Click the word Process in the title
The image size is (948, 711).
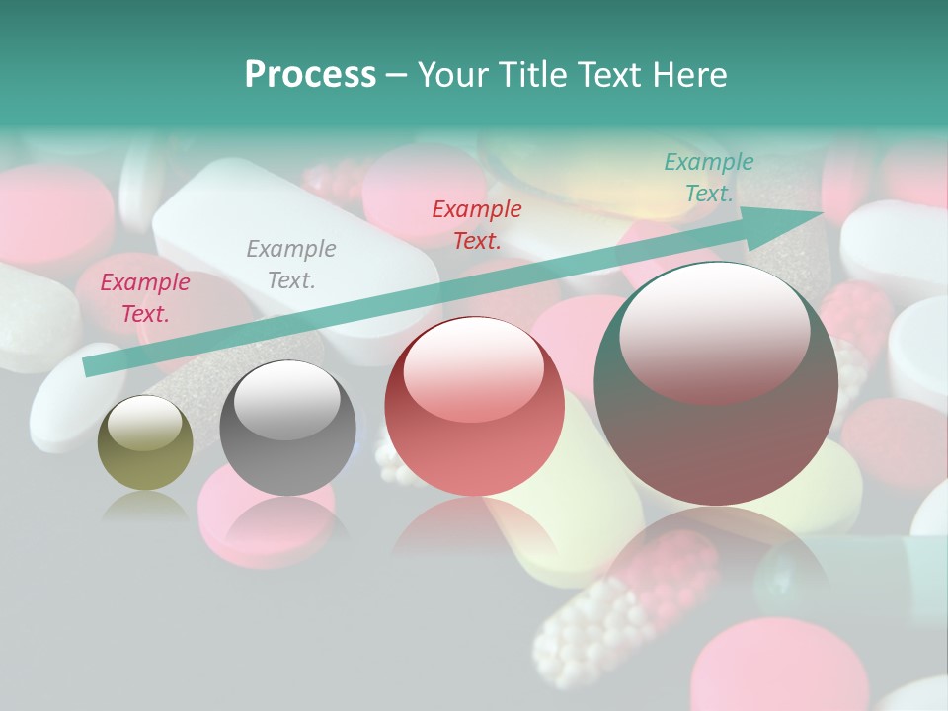point(310,75)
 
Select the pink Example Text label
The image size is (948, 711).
point(144,298)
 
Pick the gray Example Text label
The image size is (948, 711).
point(290,265)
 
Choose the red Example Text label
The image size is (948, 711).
point(476,224)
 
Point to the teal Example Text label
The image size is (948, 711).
point(708,178)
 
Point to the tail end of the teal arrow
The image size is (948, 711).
point(91,366)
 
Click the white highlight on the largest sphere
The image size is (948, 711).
point(714,336)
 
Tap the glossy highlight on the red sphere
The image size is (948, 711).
point(474,370)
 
